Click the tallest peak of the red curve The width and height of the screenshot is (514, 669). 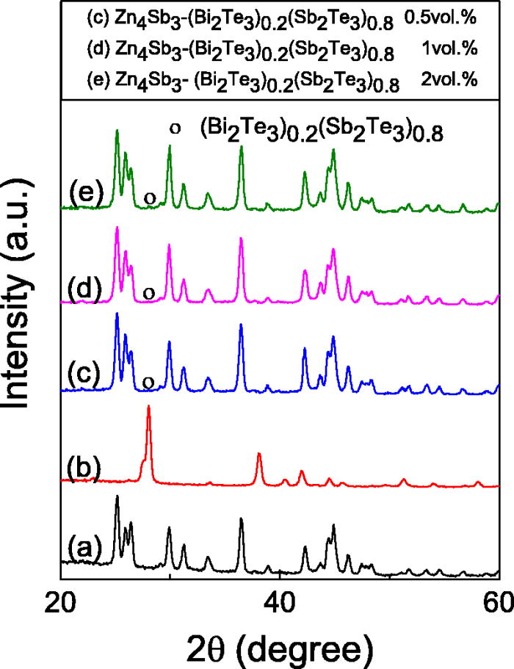click(x=149, y=408)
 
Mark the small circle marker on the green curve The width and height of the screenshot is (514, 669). click(x=149, y=198)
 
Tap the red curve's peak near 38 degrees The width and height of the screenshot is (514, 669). click(x=259, y=455)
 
